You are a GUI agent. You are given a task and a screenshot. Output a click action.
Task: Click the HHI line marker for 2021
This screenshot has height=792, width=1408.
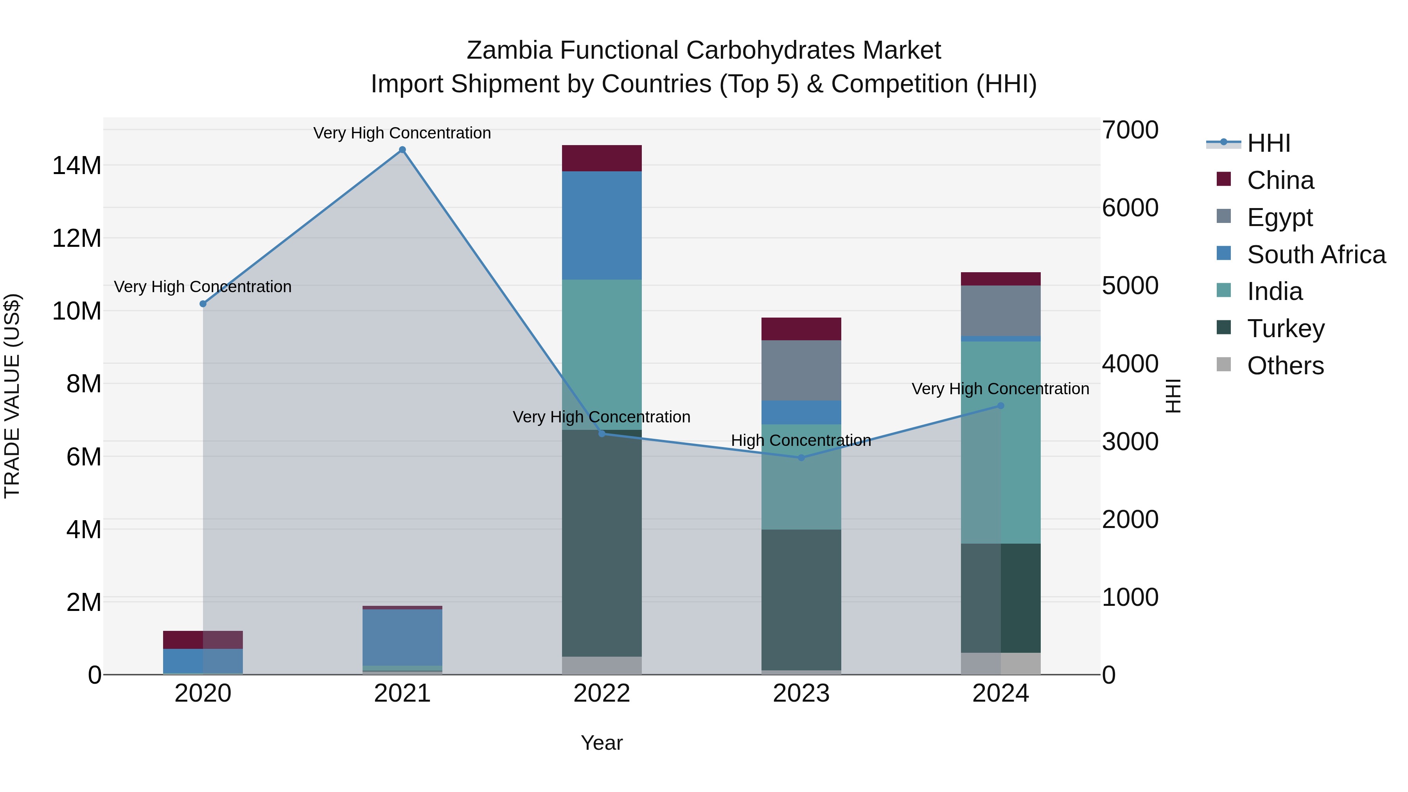(x=402, y=150)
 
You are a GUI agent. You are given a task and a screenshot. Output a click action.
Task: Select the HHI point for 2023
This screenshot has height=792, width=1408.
(x=801, y=458)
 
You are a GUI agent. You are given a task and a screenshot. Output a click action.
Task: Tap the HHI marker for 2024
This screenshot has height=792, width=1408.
(x=1001, y=406)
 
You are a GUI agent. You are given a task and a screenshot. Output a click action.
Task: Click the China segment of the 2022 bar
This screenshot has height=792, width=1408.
(x=602, y=158)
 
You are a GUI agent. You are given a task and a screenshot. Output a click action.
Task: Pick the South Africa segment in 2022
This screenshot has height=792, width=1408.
(x=602, y=225)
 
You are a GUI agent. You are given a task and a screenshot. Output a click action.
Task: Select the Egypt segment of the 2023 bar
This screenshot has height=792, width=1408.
(x=801, y=370)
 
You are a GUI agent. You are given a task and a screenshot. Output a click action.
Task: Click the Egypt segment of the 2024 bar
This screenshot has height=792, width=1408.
(x=1001, y=311)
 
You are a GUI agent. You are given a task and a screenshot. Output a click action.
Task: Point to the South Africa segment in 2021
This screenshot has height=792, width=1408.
(x=402, y=637)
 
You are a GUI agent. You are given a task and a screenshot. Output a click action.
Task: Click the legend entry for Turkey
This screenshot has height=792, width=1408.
(x=1286, y=329)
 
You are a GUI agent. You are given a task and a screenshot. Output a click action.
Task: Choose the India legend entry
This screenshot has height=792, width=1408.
(x=1275, y=291)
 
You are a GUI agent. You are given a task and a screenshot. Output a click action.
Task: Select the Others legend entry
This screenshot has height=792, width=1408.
(x=1285, y=366)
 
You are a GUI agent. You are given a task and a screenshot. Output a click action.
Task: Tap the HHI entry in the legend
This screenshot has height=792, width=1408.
(x=1269, y=143)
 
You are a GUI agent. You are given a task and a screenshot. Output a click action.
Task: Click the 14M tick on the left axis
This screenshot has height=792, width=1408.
(x=77, y=165)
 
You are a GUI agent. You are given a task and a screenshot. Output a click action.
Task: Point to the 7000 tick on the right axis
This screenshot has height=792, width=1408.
(x=1130, y=130)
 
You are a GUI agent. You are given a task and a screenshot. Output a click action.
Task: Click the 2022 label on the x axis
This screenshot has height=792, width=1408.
(x=602, y=693)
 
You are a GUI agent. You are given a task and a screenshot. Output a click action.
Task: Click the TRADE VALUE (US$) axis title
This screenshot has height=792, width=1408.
(x=12, y=396)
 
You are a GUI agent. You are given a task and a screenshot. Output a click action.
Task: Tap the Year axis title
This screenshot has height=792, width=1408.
(x=602, y=743)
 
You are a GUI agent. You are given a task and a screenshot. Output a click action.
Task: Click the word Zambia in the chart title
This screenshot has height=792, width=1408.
(x=509, y=50)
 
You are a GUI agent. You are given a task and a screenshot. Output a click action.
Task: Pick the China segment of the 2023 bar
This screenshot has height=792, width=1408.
(x=801, y=329)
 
